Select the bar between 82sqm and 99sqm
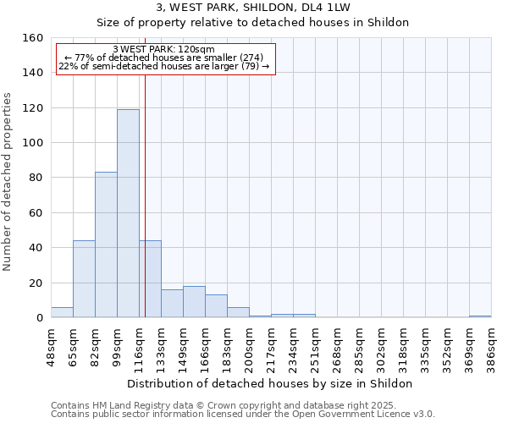[106, 244]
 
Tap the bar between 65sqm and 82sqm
[84, 279]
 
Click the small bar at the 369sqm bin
[480, 316]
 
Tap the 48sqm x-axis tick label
[52, 345]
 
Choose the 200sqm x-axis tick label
[249, 345]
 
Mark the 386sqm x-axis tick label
[491, 345]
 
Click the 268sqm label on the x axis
[337, 345]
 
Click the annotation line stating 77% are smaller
[164, 58]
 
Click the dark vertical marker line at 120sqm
[145, 211]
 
